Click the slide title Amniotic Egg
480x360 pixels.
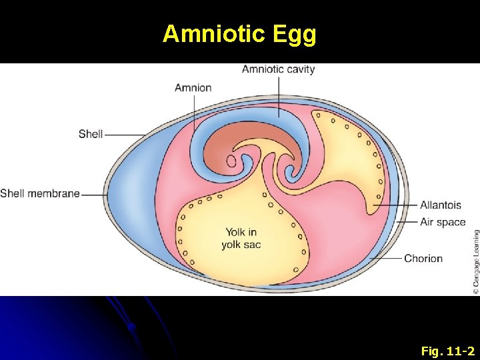[239, 33]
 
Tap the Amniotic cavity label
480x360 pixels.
[278, 69]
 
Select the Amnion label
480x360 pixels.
[193, 87]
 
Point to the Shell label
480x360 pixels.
[91, 134]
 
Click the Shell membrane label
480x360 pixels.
[40, 194]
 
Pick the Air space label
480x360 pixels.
[443, 222]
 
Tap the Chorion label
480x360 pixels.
[423, 258]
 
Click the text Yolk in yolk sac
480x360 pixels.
[241, 238]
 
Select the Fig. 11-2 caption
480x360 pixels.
[448, 349]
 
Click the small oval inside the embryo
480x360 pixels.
[231, 161]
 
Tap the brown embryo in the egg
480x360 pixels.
[220, 143]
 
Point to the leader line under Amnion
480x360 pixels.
[194, 113]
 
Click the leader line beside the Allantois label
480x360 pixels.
[397, 205]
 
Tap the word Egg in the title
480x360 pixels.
[294, 33]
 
